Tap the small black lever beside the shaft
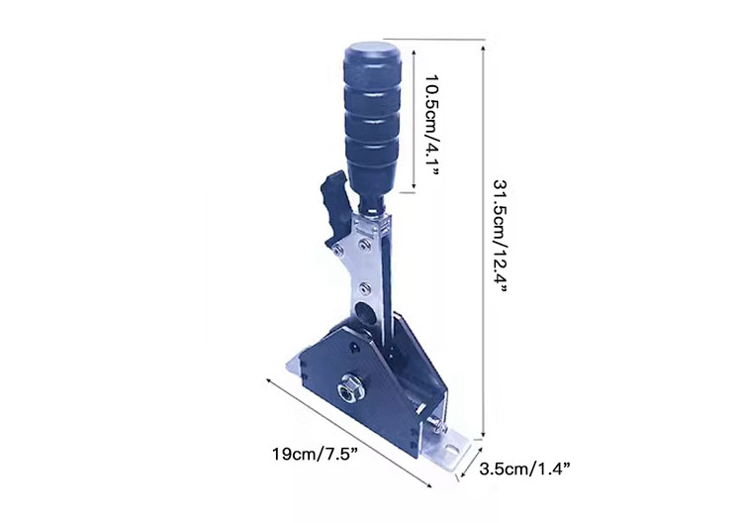tap(336, 207)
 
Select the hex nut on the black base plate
tap(347, 390)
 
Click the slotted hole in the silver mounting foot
tap(452, 448)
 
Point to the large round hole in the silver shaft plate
tap(365, 312)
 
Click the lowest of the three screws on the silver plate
tap(365, 287)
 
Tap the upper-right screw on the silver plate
tap(364, 245)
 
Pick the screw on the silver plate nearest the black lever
tap(338, 250)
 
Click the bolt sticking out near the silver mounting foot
tap(437, 425)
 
